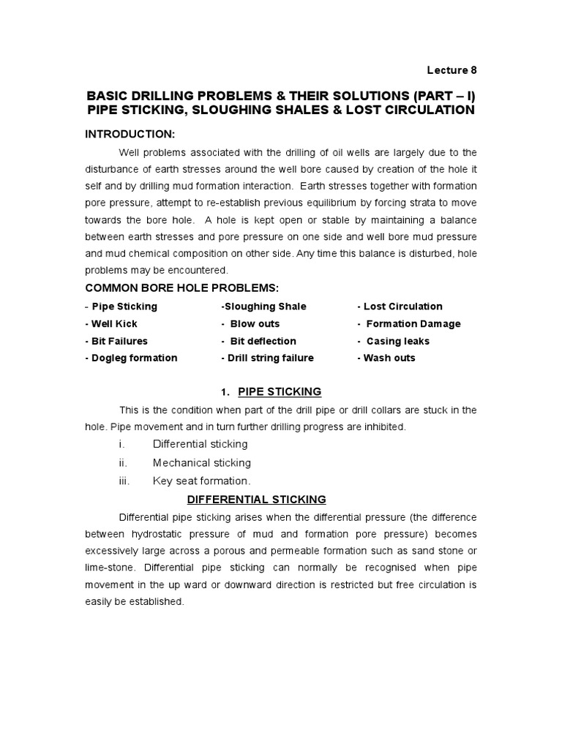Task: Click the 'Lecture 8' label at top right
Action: point(452,70)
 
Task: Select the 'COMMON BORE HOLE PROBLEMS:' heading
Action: point(182,288)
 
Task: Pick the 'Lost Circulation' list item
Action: point(402,306)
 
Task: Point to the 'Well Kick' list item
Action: point(113,323)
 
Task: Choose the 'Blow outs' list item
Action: point(254,323)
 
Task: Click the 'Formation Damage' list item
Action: point(413,323)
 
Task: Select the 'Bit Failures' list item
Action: point(119,341)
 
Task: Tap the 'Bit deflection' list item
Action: point(263,341)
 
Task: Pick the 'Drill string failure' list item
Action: point(271,358)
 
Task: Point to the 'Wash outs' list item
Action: point(389,358)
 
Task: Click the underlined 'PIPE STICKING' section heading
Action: point(280,392)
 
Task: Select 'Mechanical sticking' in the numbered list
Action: point(201,462)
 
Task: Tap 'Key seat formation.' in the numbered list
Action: point(201,481)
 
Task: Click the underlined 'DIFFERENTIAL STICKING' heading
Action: point(256,500)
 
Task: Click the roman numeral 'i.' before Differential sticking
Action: point(121,444)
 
